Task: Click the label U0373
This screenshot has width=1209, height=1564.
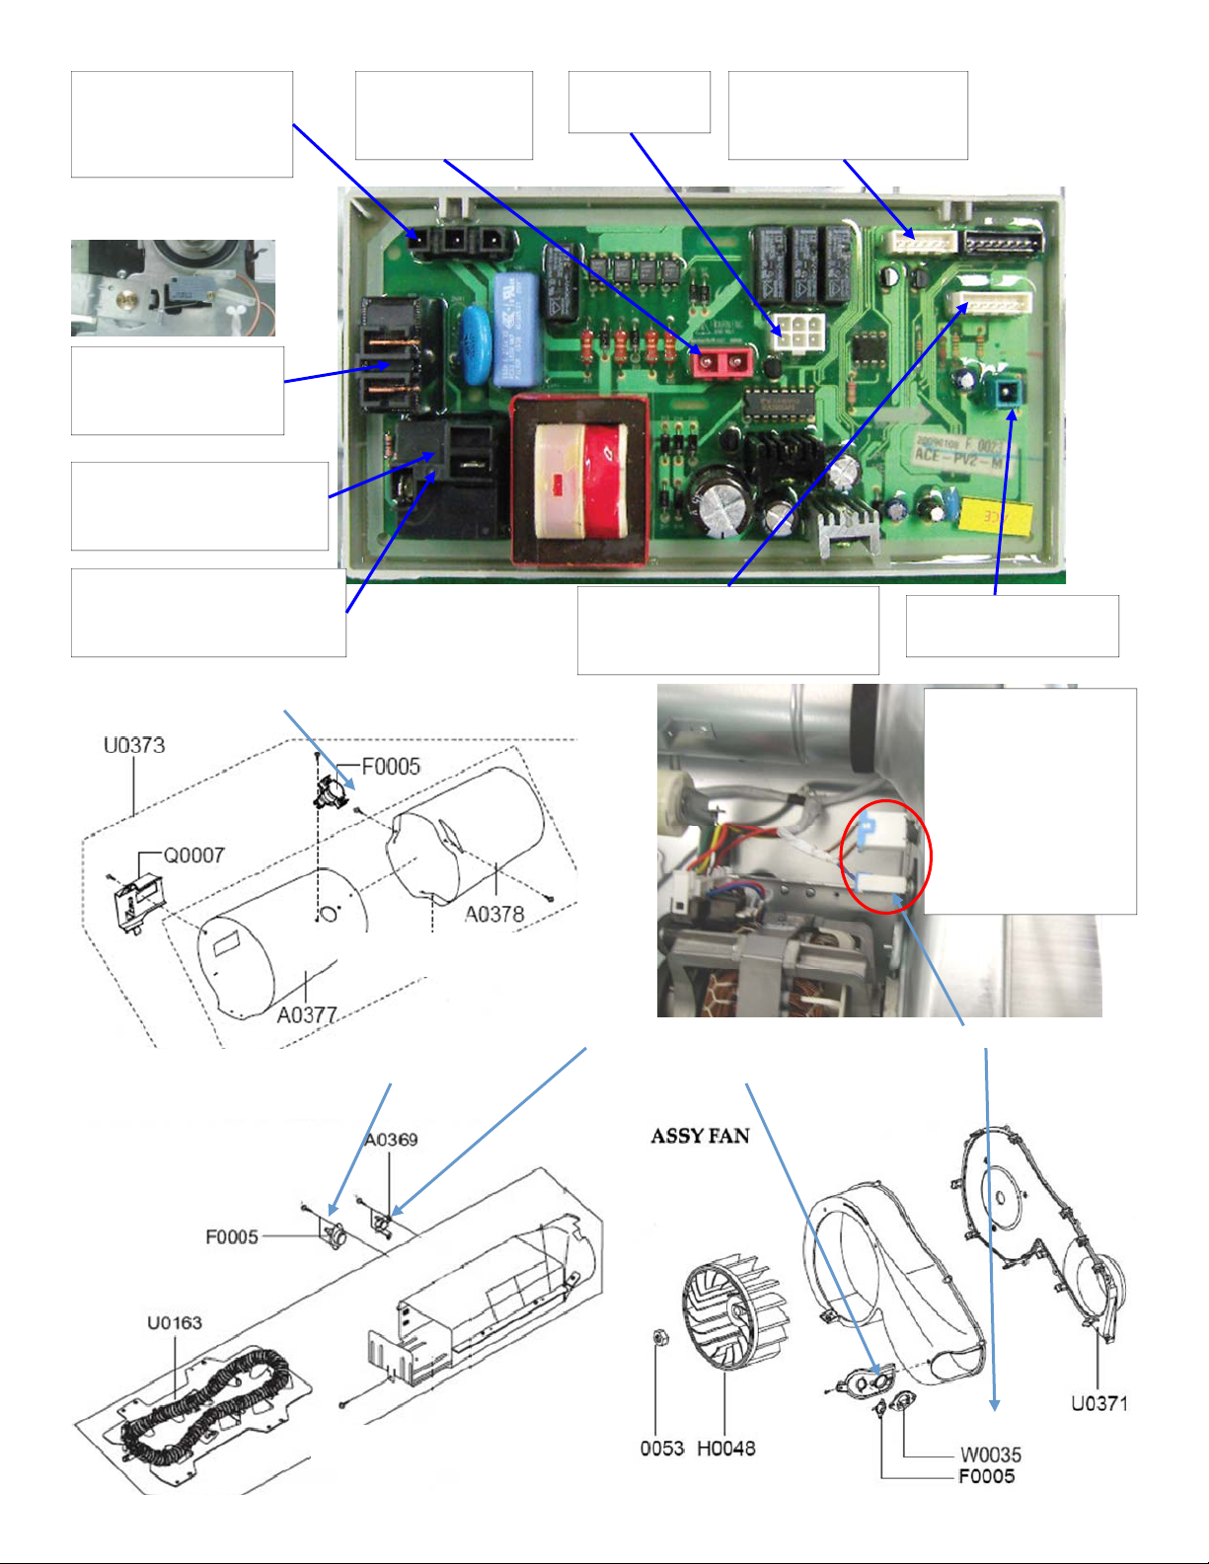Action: coord(134,745)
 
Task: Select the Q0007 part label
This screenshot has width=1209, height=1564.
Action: coord(193,856)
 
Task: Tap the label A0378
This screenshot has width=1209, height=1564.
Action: coord(494,915)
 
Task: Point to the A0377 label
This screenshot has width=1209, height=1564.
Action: coord(307,1014)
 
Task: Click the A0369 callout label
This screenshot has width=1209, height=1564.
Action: coord(391,1140)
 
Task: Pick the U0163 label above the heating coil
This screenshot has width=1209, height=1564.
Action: coord(175,1322)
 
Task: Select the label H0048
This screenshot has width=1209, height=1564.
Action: coord(726,1448)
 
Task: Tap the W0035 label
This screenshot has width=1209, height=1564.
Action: coord(991,1454)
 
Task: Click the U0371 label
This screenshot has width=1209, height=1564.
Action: coord(1099,1402)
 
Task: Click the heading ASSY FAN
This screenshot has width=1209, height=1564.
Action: coord(700,1136)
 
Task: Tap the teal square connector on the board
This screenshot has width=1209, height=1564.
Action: coord(1006,395)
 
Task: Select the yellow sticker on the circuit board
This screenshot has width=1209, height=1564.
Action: coord(996,515)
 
